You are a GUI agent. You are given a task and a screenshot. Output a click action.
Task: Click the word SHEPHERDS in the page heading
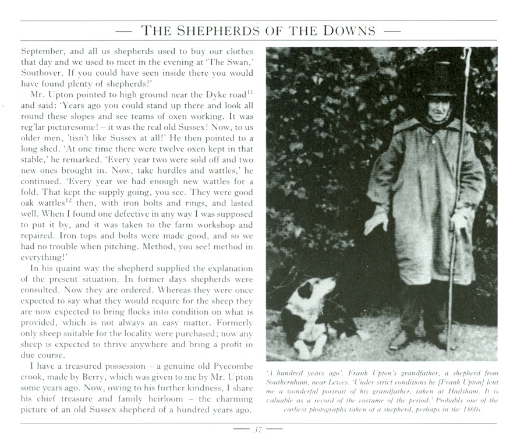pyautogui.click(x=215, y=30)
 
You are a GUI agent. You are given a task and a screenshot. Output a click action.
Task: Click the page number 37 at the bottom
pyautogui.click(x=257, y=430)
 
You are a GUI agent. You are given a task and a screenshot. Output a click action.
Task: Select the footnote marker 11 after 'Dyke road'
pyautogui.click(x=249, y=91)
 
